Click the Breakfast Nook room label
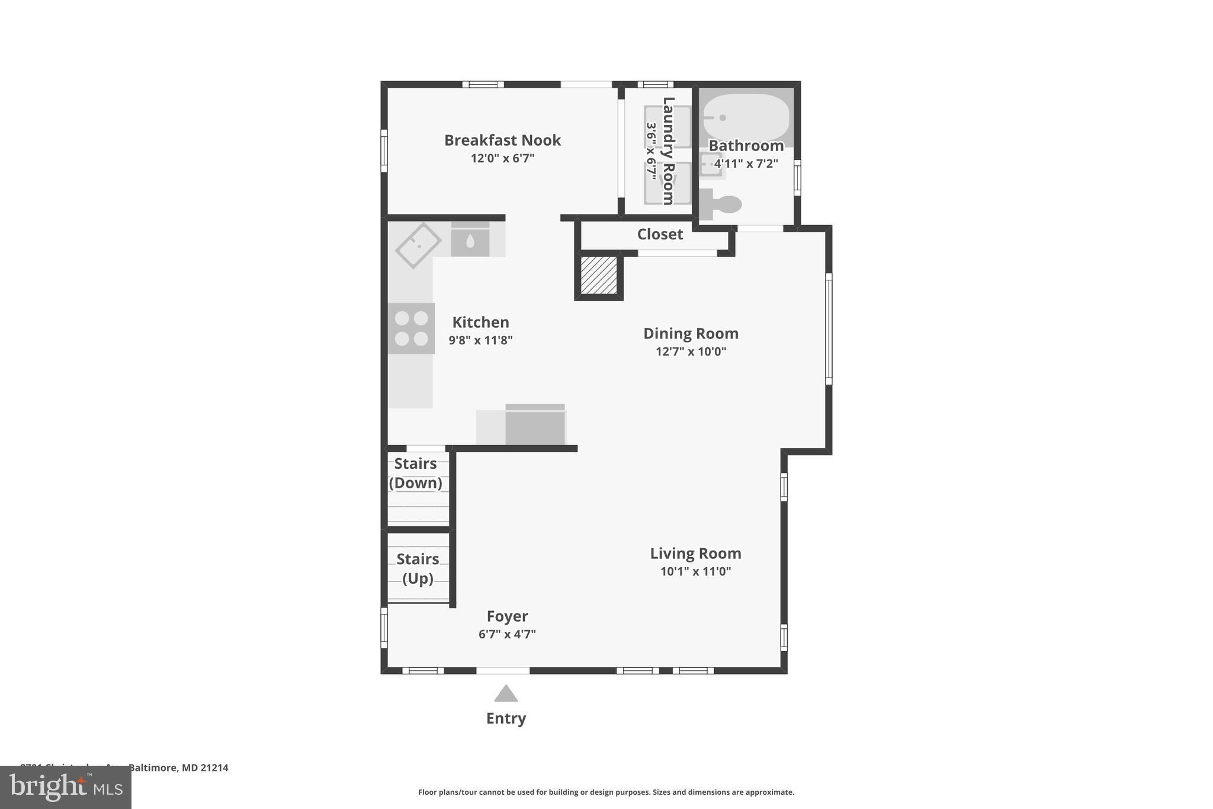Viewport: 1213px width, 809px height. [502, 140]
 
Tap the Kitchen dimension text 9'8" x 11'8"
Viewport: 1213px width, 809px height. [480, 340]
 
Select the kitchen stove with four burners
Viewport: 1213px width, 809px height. [412, 328]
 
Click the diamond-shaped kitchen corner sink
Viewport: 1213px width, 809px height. [418, 245]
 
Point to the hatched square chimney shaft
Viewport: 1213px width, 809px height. [599, 275]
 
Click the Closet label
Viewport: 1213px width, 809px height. [660, 235]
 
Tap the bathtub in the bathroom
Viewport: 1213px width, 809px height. [746, 117]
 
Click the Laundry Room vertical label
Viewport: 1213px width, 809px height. [668, 151]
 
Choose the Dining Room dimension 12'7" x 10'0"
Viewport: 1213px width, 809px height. [691, 351]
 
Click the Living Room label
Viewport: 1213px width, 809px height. [695, 554]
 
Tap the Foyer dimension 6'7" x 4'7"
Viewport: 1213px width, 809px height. [507, 634]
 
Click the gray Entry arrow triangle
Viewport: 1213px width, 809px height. [506, 694]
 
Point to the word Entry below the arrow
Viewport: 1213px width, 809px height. [506, 718]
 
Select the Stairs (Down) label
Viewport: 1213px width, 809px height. [416, 473]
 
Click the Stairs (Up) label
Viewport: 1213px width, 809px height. [418, 568]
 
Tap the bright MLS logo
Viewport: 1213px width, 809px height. [65, 788]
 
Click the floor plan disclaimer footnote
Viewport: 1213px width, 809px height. [606, 792]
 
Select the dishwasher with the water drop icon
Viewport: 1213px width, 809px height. [470, 240]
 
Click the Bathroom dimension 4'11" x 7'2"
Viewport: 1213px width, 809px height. [746, 164]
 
